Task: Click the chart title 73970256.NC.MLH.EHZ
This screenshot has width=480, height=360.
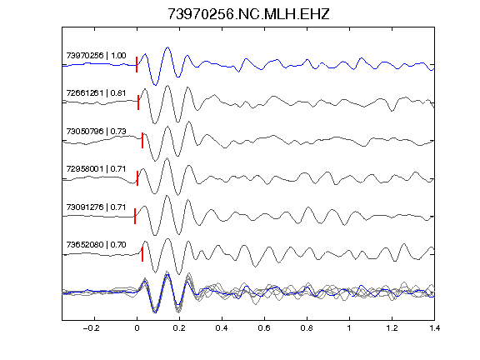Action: pyautogui.click(x=248, y=14)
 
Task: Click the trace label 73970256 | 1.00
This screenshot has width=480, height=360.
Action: pyautogui.click(x=96, y=56)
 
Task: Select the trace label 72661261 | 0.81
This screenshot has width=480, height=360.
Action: pyautogui.click(x=96, y=93)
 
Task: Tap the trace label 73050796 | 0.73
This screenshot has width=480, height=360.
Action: pyautogui.click(x=96, y=132)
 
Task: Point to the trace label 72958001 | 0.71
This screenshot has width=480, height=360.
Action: pyautogui.click(x=96, y=169)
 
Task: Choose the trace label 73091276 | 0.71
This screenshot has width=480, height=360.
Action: pyautogui.click(x=96, y=207)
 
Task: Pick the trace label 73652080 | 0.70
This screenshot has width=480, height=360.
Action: pyautogui.click(x=96, y=245)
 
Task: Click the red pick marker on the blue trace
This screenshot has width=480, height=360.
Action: pyautogui.click(x=137, y=65)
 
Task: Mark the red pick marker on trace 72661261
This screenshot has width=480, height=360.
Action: pyautogui.click(x=138, y=102)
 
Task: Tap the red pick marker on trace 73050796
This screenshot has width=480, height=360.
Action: pyautogui.click(x=142, y=141)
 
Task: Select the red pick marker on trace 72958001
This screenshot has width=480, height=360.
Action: pyautogui.click(x=137, y=178)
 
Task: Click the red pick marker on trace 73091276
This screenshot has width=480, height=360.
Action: pyautogui.click(x=135, y=217)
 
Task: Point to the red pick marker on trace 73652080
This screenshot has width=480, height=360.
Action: pyautogui.click(x=142, y=254)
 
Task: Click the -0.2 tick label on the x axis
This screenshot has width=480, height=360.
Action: pyautogui.click(x=91, y=328)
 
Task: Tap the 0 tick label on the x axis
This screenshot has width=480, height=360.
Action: pyautogui.click(x=137, y=328)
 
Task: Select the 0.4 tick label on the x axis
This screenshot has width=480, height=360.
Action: pyautogui.click(x=222, y=328)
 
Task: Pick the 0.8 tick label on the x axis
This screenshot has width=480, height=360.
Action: pyautogui.click(x=307, y=328)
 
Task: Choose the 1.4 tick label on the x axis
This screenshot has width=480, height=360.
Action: pyautogui.click(x=434, y=328)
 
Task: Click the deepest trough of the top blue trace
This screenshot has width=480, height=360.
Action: pyautogui.click(x=156, y=85)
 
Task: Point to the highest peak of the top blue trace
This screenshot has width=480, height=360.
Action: pyautogui.click(x=167, y=47)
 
